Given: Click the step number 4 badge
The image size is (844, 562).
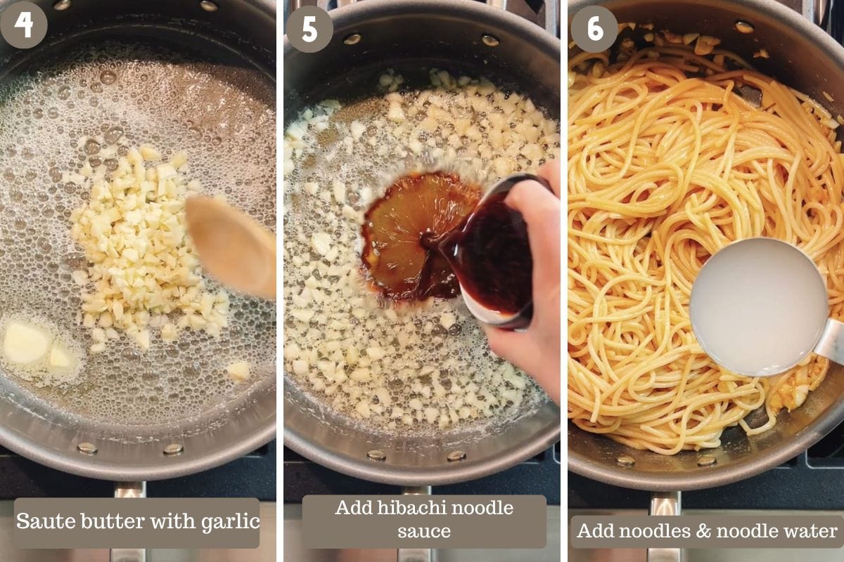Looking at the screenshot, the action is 24,25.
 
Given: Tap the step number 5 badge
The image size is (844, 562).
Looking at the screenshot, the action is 309,30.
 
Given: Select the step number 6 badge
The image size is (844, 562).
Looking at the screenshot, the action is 594,30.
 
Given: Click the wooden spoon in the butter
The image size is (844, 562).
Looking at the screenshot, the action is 231,244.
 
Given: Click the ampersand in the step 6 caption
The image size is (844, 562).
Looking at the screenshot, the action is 703,531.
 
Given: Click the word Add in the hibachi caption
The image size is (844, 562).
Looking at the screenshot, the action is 354,508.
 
